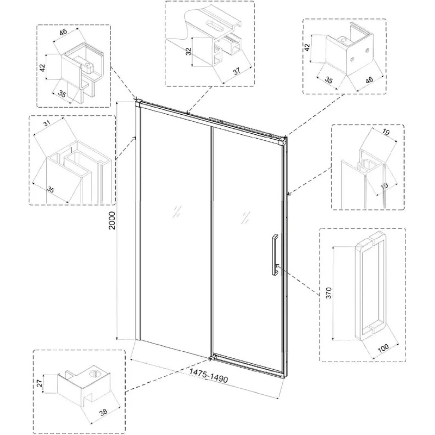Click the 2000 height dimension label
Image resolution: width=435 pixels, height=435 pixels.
pos(112,221)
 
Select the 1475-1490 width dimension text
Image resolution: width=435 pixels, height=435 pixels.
pos(208,376)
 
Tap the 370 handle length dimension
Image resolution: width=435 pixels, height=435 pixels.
pos(329,293)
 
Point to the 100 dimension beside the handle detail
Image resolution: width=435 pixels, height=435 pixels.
pos(383,348)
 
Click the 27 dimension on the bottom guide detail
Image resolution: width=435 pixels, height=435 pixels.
pos(39,384)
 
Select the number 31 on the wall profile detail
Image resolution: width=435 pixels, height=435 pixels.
pos(48,124)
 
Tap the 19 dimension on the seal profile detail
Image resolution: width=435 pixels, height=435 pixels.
pos(386,133)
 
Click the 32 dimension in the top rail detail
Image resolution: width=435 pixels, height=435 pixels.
pos(189,51)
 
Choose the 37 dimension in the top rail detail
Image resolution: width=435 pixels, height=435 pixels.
pos(237,71)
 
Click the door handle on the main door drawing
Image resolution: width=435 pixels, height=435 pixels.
pos(275,255)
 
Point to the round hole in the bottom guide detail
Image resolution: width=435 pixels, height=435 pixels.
pos(95,374)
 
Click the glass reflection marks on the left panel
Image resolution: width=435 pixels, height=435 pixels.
pos(176,212)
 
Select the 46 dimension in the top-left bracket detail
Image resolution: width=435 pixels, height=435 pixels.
pos(64,32)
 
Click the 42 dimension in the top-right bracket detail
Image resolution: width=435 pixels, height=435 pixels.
pos(307,47)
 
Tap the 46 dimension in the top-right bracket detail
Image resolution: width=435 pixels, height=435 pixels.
pos(369,80)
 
